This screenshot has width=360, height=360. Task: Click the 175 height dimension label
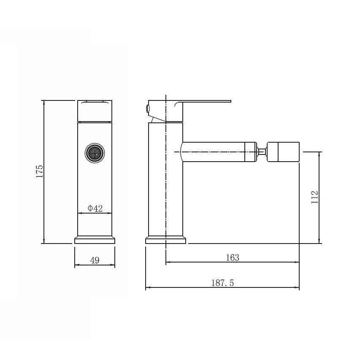point(40,171)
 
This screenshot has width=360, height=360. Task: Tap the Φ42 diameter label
point(95,208)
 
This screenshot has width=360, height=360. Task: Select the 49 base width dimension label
point(95,260)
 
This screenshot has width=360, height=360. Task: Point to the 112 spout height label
point(314,197)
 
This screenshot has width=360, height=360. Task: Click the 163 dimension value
point(233,257)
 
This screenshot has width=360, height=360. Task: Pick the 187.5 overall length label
point(222,283)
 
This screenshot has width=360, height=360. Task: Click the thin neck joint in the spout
point(262,152)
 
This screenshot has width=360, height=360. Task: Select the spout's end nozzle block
point(283,152)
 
